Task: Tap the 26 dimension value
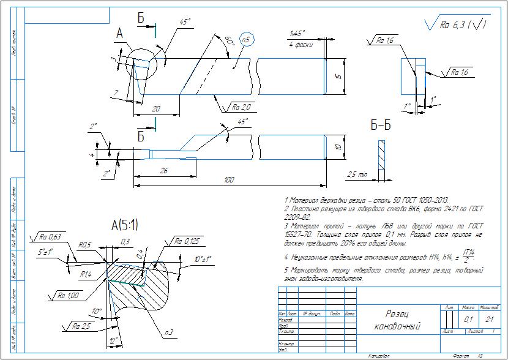pyautogui.click(x=163, y=171)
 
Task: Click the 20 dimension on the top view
pyautogui.click(x=157, y=108)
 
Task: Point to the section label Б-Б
pyautogui.click(x=381, y=126)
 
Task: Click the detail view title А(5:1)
pyautogui.click(x=125, y=226)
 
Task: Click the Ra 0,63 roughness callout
pyautogui.click(x=48, y=236)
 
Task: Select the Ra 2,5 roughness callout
pyautogui.click(x=81, y=326)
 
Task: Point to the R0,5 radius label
pyautogui.click(x=85, y=245)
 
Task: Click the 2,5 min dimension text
pyautogui.click(x=357, y=174)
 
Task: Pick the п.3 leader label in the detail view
pyautogui.click(x=168, y=332)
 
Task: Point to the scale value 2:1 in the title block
pyautogui.click(x=489, y=319)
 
